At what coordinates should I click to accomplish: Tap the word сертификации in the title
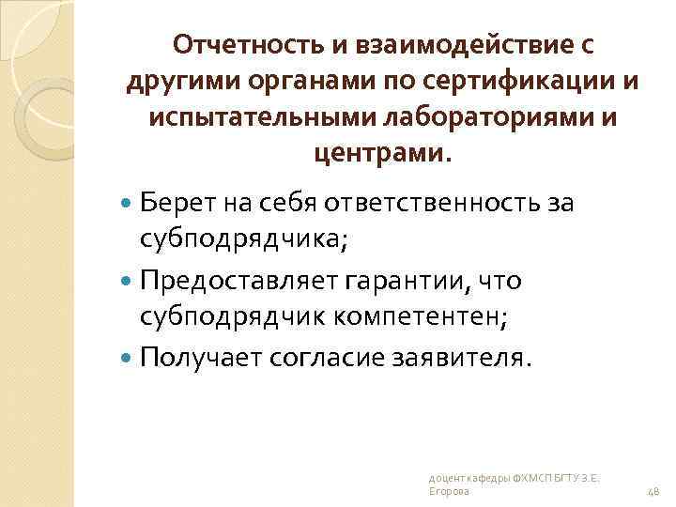click(522, 83)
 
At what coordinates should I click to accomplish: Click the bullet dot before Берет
click(129, 201)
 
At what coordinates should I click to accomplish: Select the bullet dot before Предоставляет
click(129, 281)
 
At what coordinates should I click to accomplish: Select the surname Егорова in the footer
click(444, 491)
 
